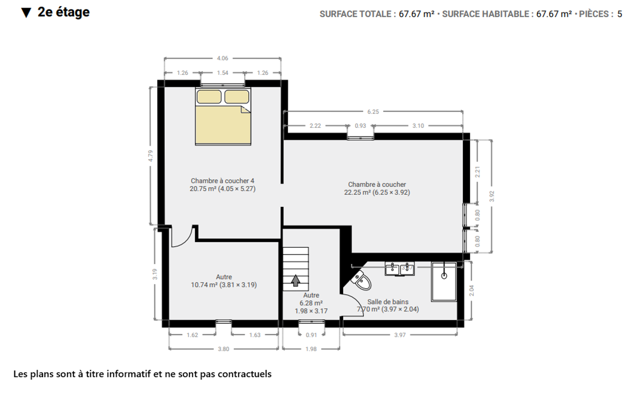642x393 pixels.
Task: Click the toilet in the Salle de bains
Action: (x=361, y=280)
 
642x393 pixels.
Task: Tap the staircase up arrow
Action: (x=296, y=281)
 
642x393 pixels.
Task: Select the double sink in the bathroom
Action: (x=400, y=269)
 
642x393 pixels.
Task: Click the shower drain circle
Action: (x=444, y=276)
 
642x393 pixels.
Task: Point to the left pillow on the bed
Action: (x=209, y=97)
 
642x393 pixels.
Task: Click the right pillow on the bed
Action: (x=237, y=97)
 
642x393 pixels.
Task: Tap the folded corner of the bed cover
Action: (x=245, y=109)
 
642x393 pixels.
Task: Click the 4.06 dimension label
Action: (x=222, y=58)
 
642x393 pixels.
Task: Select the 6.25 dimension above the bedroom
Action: (x=373, y=112)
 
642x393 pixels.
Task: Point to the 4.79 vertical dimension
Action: (x=150, y=156)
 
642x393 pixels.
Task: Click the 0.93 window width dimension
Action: (x=360, y=126)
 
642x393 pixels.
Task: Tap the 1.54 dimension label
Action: (x=222, y=73)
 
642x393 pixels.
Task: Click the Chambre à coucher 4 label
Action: (x=222, y=181)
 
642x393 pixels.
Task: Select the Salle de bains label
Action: (x=388, y=302)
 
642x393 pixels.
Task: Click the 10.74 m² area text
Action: (x=204, y=285)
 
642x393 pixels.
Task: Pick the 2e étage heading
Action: (x=63, y=12)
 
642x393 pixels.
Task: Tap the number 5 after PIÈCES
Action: (x=619, y=14)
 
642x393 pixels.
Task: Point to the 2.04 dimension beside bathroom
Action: (x=472, y=290)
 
